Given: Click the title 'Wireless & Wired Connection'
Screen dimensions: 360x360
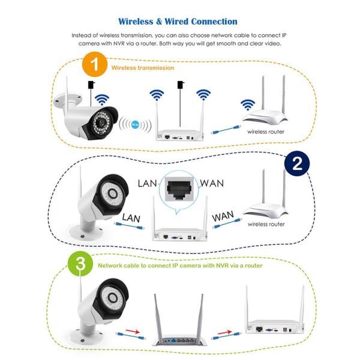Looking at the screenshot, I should coord(178,22).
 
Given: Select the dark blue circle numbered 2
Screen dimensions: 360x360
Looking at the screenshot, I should coord(296,162).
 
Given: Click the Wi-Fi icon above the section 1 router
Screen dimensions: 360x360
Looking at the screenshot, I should coord(247,104).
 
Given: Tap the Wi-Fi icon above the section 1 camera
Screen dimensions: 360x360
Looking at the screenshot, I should coord(103,99).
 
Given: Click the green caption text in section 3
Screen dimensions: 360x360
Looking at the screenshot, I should coord(180,265).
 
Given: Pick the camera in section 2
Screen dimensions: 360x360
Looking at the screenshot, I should coord(96,198).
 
